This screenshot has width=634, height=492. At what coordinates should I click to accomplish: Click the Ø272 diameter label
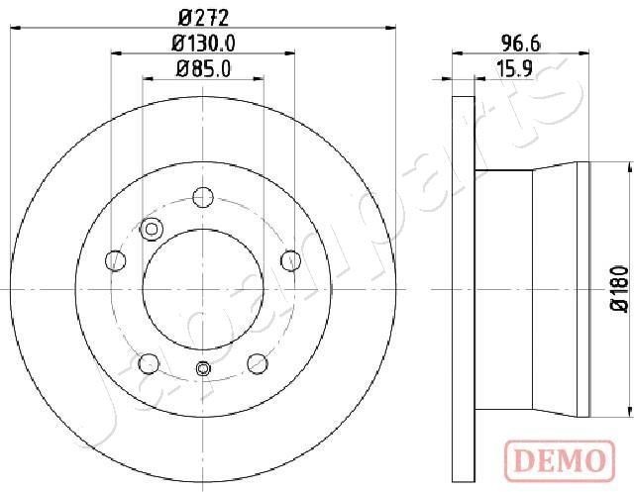tap(203, 17)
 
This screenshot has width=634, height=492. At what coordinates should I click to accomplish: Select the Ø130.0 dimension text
tap(203, 44)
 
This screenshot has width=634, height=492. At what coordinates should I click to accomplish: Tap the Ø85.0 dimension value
tap(203, 70)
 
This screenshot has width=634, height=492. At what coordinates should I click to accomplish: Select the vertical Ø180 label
tap(619, 289)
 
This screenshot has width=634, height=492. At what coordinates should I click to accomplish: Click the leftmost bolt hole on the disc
tap(116, 260)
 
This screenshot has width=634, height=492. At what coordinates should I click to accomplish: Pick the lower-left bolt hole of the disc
tap(149, 361)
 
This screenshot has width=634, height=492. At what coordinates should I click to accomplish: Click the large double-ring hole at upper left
tap(152, 229)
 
